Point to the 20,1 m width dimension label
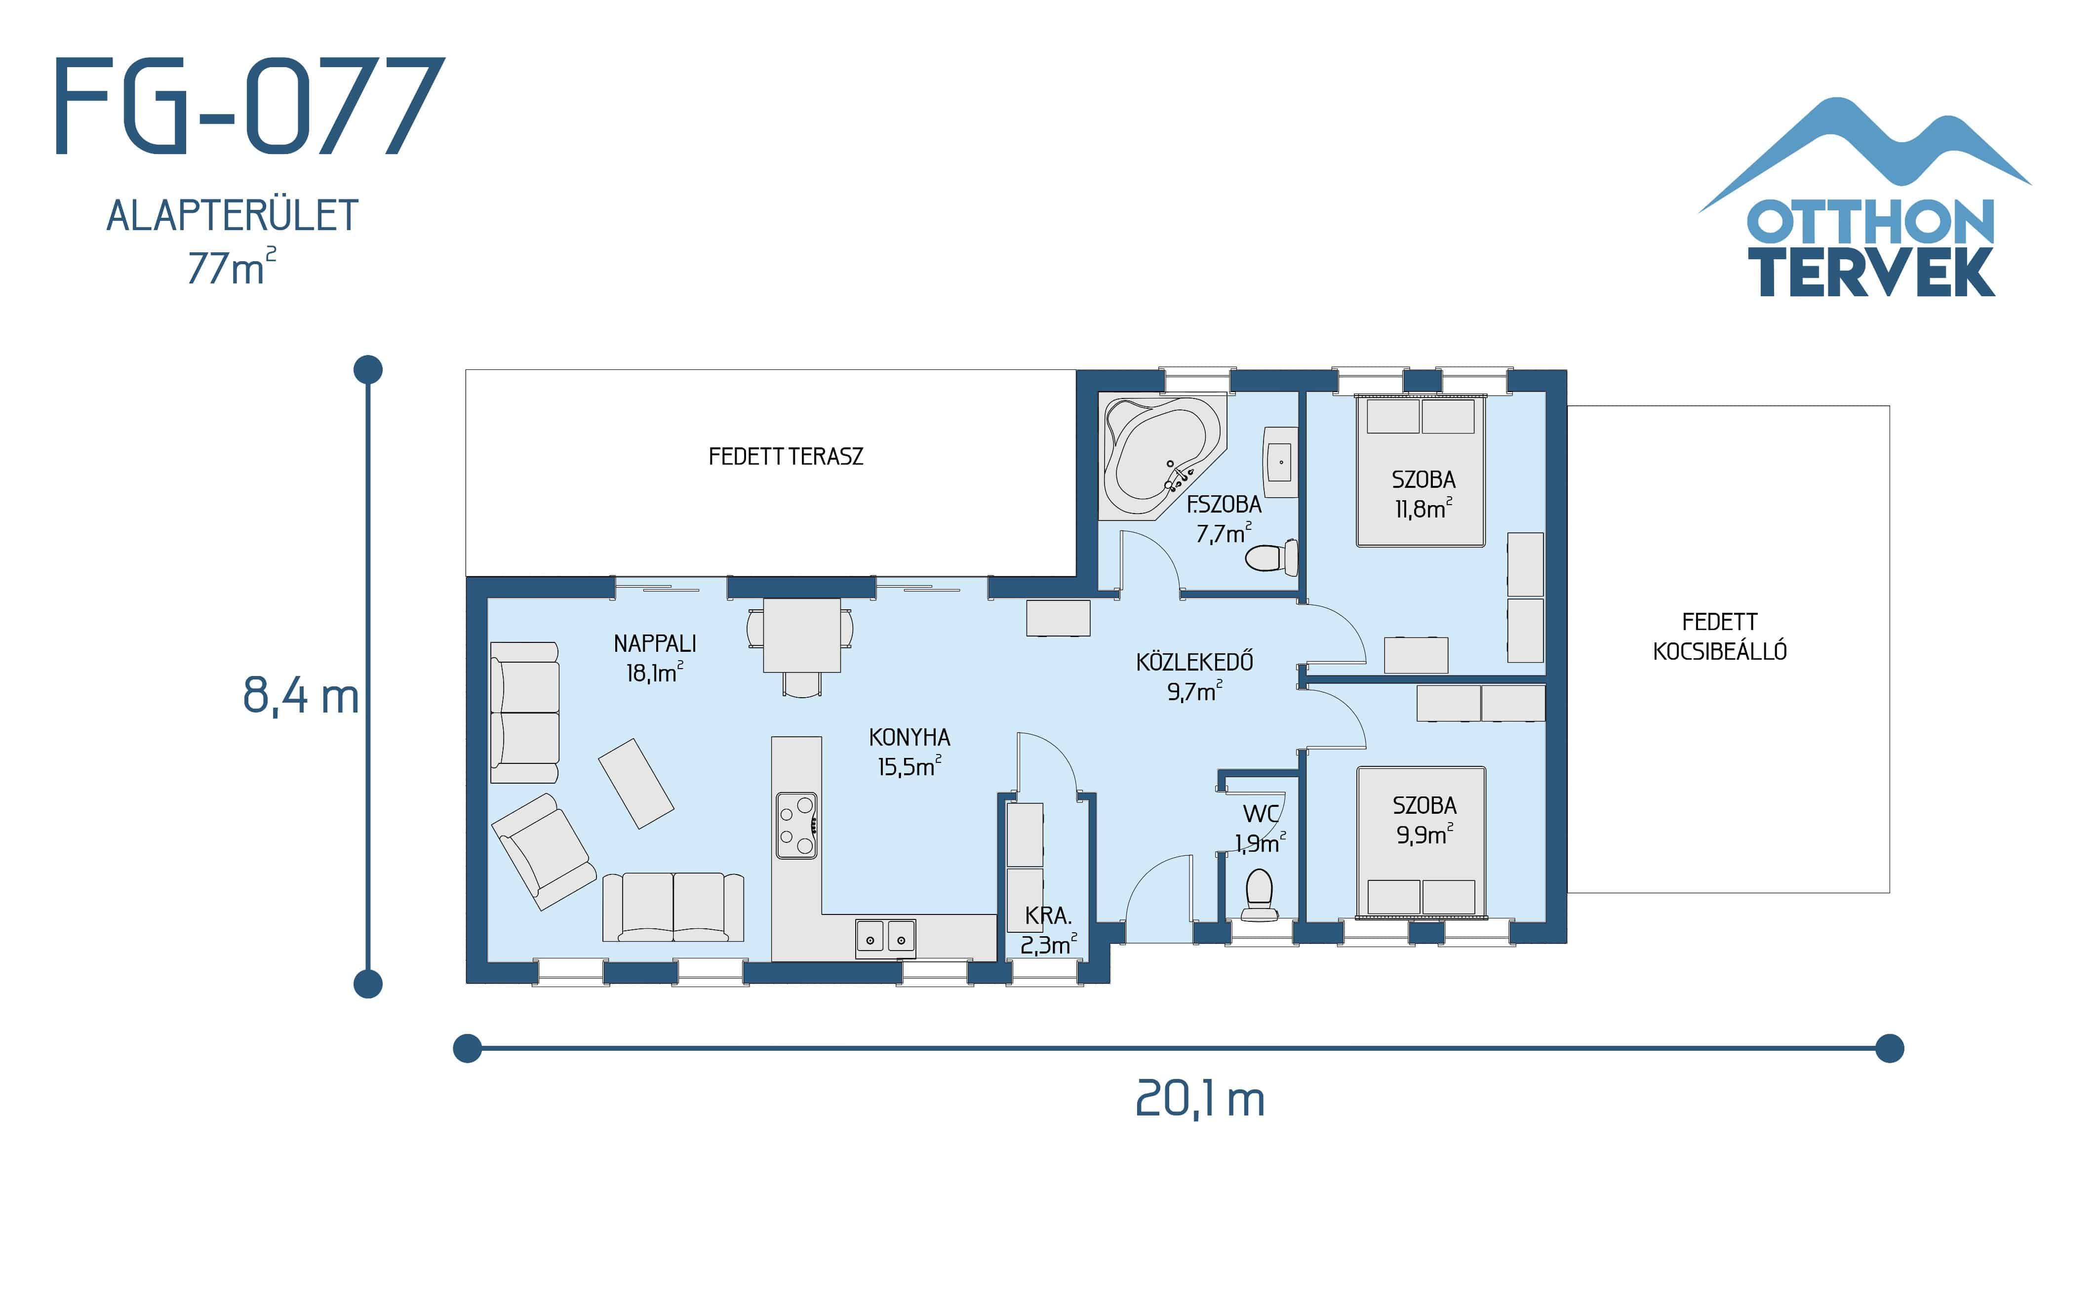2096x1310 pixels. (x=1199, y=1100)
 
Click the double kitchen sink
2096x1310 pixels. (x=885, y=938)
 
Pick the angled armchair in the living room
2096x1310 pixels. (x=543, y=851)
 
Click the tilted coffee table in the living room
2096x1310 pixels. (x=636, y=783)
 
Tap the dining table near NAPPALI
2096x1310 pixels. (x=801, y=635)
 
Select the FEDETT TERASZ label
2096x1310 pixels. (x=786, y=457)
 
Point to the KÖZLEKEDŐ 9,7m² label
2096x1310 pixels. (x=1194, y=676)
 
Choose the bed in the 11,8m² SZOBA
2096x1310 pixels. (x=1421, y=472)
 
